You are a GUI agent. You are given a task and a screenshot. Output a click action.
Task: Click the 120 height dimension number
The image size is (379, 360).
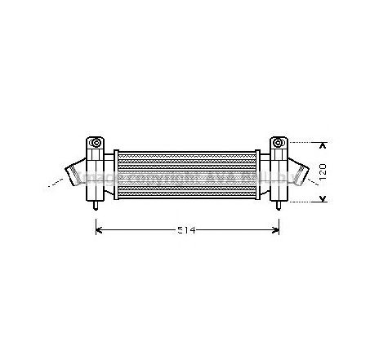[322, 171]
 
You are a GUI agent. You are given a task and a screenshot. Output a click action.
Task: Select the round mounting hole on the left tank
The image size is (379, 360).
[97, 144]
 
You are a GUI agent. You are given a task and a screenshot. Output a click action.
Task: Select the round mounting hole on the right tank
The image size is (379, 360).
[279, 144]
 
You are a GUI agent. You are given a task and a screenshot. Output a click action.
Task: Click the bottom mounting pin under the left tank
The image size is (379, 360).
[97, 205]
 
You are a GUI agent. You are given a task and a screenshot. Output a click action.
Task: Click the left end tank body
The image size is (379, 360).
[98, 173]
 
